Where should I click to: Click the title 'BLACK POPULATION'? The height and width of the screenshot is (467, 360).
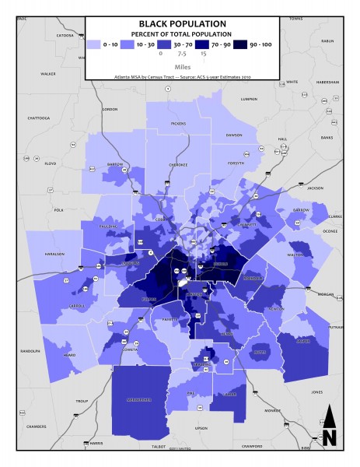point(183,24)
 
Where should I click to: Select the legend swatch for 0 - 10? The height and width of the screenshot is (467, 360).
point(96,46)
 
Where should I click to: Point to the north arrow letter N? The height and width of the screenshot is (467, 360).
point(329,437)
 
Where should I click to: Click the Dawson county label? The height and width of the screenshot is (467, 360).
point(234,135)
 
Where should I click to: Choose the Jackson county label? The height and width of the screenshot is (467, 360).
point(314,188)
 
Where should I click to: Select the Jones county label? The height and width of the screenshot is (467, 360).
point(316,392)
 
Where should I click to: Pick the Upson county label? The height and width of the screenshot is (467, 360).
point(201,428)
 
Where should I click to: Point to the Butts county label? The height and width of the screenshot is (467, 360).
point(260,352)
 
